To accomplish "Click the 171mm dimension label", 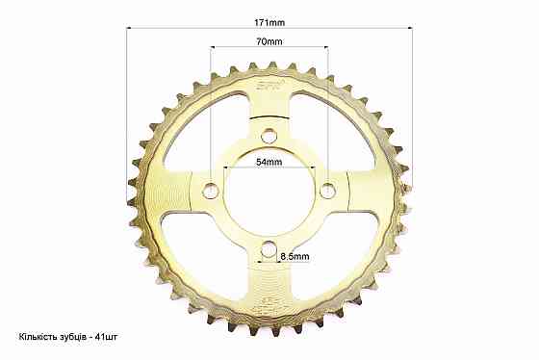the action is pyautogui.click(x=269, y=23).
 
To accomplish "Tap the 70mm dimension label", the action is pyautogui.click(x=269, y=41).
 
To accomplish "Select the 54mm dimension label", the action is pyautogui.click(x=269, y=162).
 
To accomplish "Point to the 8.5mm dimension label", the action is pyautogui.click(x=295, y=256).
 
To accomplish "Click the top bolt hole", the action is pyautogui.click(x=269, y=136).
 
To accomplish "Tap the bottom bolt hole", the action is pyautogui.click(x=269, y=249).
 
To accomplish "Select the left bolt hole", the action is pyautogui.click(x=211, y=191).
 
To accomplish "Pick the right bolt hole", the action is pyautogui.click(x=328, y=191).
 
